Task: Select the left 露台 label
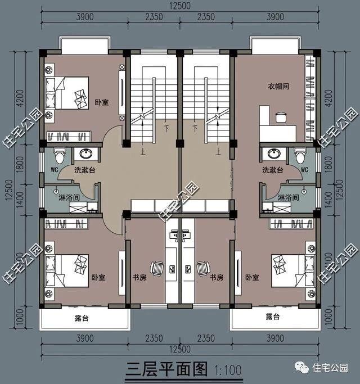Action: (x=83, y=319)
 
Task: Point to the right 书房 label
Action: (x=217, y=278)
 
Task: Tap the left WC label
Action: (x=56, y=169)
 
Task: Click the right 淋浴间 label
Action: (x=288, y=197)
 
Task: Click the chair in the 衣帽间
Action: (x=281, y=117)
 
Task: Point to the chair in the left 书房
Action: (x=156, y=268)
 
